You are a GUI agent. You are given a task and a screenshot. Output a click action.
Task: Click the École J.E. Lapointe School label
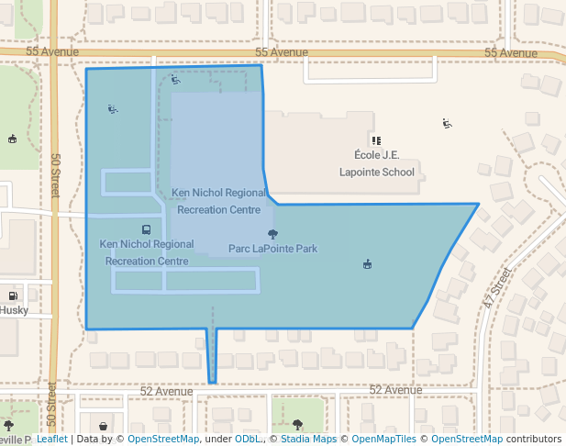(x=376, y=163)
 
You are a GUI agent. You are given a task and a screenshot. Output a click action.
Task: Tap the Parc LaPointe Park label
(x=272, y=249)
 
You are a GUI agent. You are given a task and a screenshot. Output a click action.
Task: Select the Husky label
(x=14, y=310)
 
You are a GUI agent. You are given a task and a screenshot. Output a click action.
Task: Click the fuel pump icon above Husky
(x=13, y=295)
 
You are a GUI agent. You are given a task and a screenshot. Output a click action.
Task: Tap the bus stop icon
(x=146, y=229)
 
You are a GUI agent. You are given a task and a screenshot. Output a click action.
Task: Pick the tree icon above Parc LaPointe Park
(x=272, y=234)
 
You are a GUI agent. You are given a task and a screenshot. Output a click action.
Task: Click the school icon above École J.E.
(x=375, y=140)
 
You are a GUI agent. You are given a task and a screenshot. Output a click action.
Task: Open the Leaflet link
(x=51, y=440)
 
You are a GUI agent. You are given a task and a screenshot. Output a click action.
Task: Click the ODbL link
(x=249, y=440)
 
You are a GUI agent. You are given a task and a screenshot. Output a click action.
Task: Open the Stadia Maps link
(x=308, y=440)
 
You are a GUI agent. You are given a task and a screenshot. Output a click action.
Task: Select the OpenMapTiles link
(x=384, y=440)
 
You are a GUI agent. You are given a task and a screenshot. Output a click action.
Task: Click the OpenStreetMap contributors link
(x=495, y=440)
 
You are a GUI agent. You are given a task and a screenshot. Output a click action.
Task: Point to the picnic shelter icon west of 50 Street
(x=12, y=139)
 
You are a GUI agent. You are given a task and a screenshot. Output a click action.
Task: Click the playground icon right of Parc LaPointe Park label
(x=367, y=264)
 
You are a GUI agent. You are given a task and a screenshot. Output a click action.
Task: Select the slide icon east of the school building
(x=447, y=123)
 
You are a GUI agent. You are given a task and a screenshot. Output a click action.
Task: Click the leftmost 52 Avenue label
(x=166, y=391)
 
